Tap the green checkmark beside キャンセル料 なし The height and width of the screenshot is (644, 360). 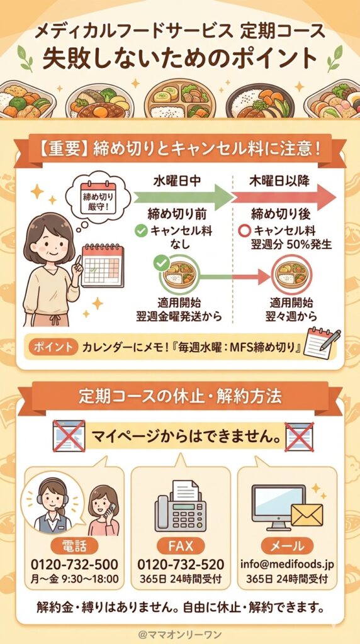coord(142,231)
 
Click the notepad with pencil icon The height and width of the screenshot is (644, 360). coord(321,343)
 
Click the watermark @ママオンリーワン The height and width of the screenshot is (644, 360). coord(180,631)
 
